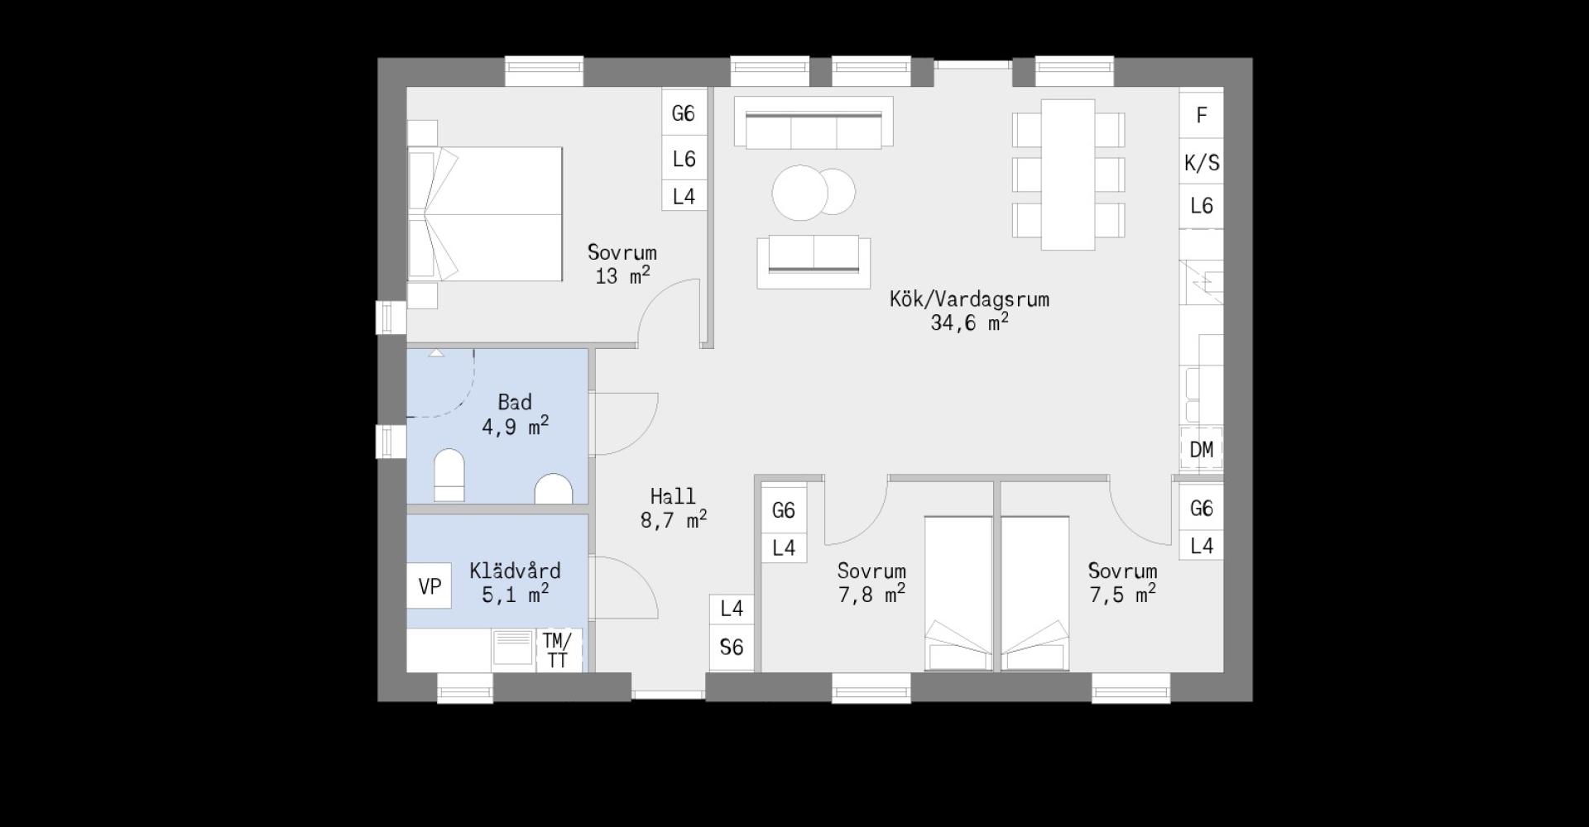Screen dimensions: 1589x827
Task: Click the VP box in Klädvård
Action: (x=429, y=586)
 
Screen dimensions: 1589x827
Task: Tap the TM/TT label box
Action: (x=558, y=650)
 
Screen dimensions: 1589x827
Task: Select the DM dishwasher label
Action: (x=1201, y=449)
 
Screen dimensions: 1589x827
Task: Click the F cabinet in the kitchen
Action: (x=1201, y=115)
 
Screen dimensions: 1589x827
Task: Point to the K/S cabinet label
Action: (x=1201, y=162)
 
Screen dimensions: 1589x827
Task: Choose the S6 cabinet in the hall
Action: (x=732, y=648)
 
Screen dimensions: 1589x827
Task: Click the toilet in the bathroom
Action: (x=449, y=475)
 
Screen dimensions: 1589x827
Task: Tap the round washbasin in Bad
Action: (x=554, y=489)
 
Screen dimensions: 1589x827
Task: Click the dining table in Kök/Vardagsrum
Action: (x=1068, y=174)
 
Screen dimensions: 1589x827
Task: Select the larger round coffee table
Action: (x=799, y=193)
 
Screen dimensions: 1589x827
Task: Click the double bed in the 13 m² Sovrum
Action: (x=485, y=214)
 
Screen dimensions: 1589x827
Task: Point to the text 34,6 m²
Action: (x=969, y=323)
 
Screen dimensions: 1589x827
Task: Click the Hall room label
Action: (x=673, y=496)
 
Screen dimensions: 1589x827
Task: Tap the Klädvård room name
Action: (x=515, y=571)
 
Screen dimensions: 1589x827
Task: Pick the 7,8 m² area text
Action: (x=871, y=594)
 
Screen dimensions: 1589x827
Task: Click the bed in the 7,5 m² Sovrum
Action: (x=1035, y=594)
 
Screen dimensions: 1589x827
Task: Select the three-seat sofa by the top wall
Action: (x=813, y=122)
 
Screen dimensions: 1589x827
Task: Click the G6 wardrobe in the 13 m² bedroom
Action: (x=684, y=112)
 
